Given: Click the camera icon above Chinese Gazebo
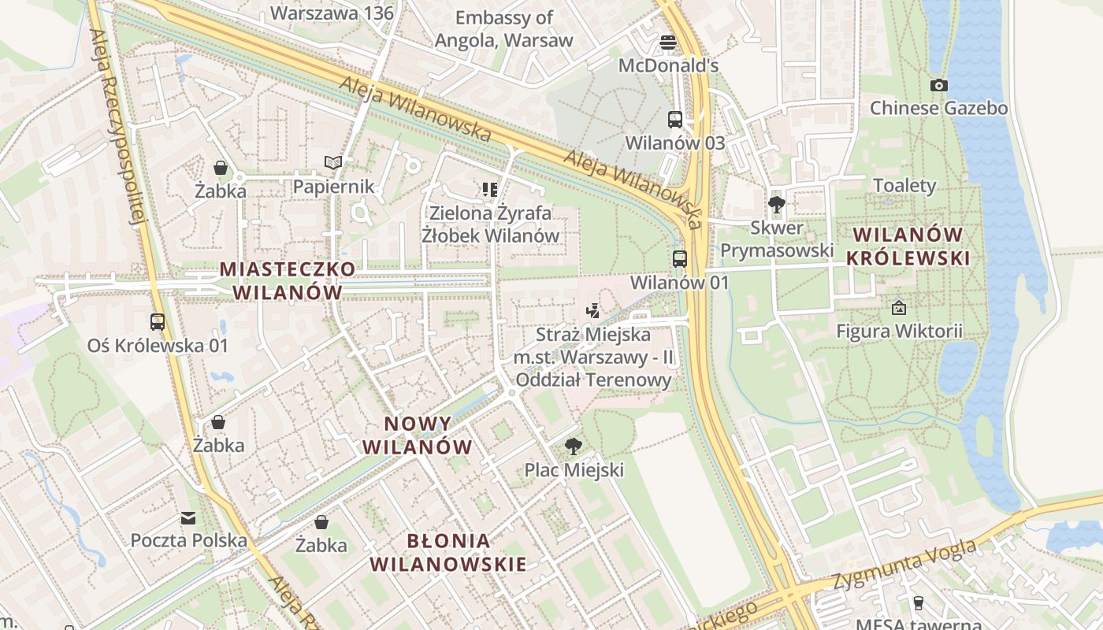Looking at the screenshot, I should tap(938, 85).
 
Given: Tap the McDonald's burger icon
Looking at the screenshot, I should tap(668, 42).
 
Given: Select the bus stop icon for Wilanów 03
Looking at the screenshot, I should tap(675, 120).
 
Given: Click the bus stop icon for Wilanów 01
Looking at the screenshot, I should tap(679, 258).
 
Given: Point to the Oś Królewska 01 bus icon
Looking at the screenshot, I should tap(158, 321).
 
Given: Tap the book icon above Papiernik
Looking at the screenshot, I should tap(333, 163).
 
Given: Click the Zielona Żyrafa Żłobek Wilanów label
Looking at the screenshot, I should tap(490, 224).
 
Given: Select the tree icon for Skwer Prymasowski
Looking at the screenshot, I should tap(777, 205).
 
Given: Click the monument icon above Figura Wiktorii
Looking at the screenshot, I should tap(899, 308).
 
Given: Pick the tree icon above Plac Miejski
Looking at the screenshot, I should tap(574, 447).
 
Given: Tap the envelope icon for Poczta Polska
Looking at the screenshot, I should tap(188, 517).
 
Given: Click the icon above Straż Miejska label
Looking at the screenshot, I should tap(593, 311).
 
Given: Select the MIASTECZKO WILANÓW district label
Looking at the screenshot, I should tap(288, 280).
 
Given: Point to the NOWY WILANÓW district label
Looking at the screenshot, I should tap(418, 435).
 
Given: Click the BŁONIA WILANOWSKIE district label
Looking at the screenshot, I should tap(448, 552).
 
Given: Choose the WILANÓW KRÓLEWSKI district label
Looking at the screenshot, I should tap(908, 246).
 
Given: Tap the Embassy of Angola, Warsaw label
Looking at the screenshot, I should tap(504, 29).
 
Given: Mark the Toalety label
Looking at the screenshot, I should tap(904, 186).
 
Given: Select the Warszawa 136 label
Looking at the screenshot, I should tap(332, 13).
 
